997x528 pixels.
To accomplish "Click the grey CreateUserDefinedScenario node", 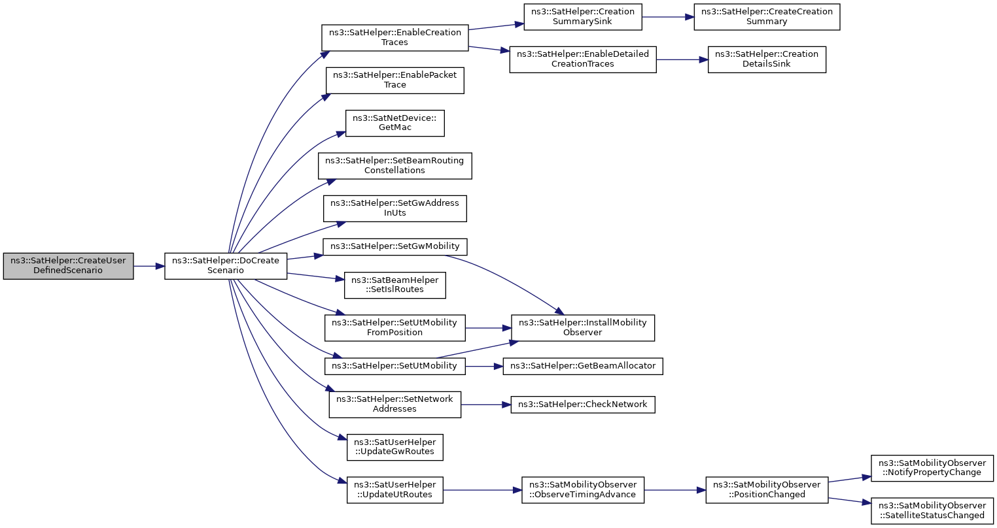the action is tap(68, 266).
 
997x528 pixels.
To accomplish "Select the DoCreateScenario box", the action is tap(226, 266).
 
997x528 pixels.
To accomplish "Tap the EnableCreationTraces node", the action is tap(394, 38).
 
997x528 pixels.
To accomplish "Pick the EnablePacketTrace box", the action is tap(394, 80).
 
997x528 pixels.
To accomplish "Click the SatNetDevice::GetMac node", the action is tap(394, 123).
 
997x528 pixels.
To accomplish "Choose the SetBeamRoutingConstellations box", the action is tap(394, 166).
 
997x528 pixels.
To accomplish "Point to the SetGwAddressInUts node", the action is tap(394, 208).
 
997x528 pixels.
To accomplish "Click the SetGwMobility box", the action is tap(394, 246).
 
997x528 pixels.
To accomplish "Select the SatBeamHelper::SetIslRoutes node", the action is tap(394, 286).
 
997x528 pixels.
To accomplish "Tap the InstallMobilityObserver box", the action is tap(583, 328).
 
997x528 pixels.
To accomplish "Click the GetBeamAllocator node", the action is tap(583, 366).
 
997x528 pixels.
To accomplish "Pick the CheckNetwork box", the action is tap(583, 405).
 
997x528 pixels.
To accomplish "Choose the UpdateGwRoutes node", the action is tap(394, 447).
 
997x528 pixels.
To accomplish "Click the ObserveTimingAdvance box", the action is tap(583, 490).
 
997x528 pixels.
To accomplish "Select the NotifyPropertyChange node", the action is tap(932, 469).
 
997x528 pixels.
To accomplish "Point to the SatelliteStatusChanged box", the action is tap(932, 511).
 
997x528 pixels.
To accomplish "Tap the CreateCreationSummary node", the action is tap(767, 17).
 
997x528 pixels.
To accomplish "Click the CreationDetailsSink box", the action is tap(767, 59).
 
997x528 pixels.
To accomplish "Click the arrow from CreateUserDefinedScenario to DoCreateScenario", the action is tap(149, 266).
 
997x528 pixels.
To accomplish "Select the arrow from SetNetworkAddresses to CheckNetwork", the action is tap(486, 405).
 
